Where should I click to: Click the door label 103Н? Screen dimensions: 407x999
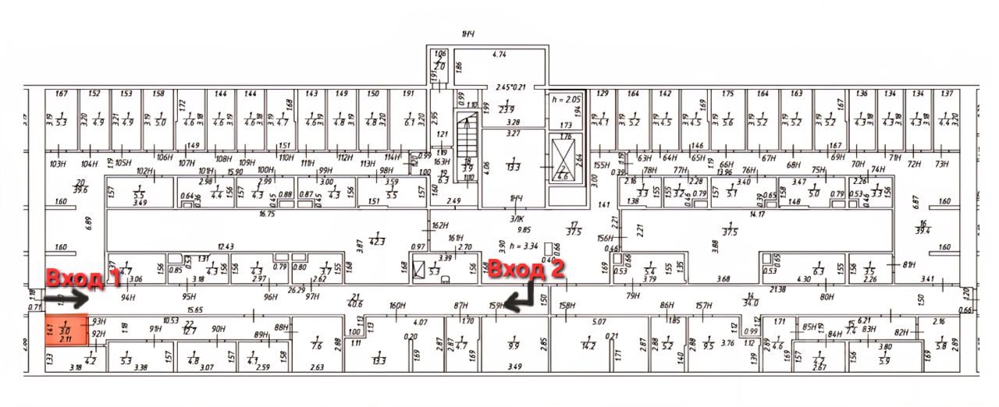point(57,165)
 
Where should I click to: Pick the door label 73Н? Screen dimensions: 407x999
point(941,164)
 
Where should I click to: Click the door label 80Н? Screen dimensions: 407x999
point(827,296)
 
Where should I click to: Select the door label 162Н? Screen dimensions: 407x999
point(441,226)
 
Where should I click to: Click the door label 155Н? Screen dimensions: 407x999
point(601,166)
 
